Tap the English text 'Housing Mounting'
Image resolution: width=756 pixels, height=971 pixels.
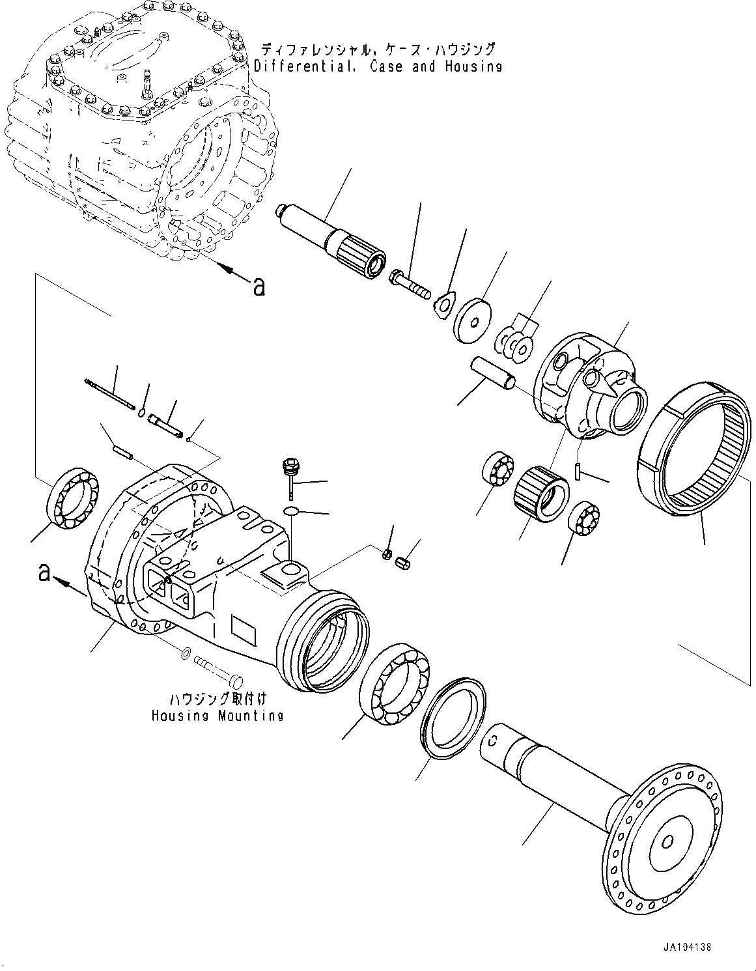(x=217, y=715)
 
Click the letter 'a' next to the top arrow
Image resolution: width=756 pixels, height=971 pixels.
(x=259, y=286)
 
